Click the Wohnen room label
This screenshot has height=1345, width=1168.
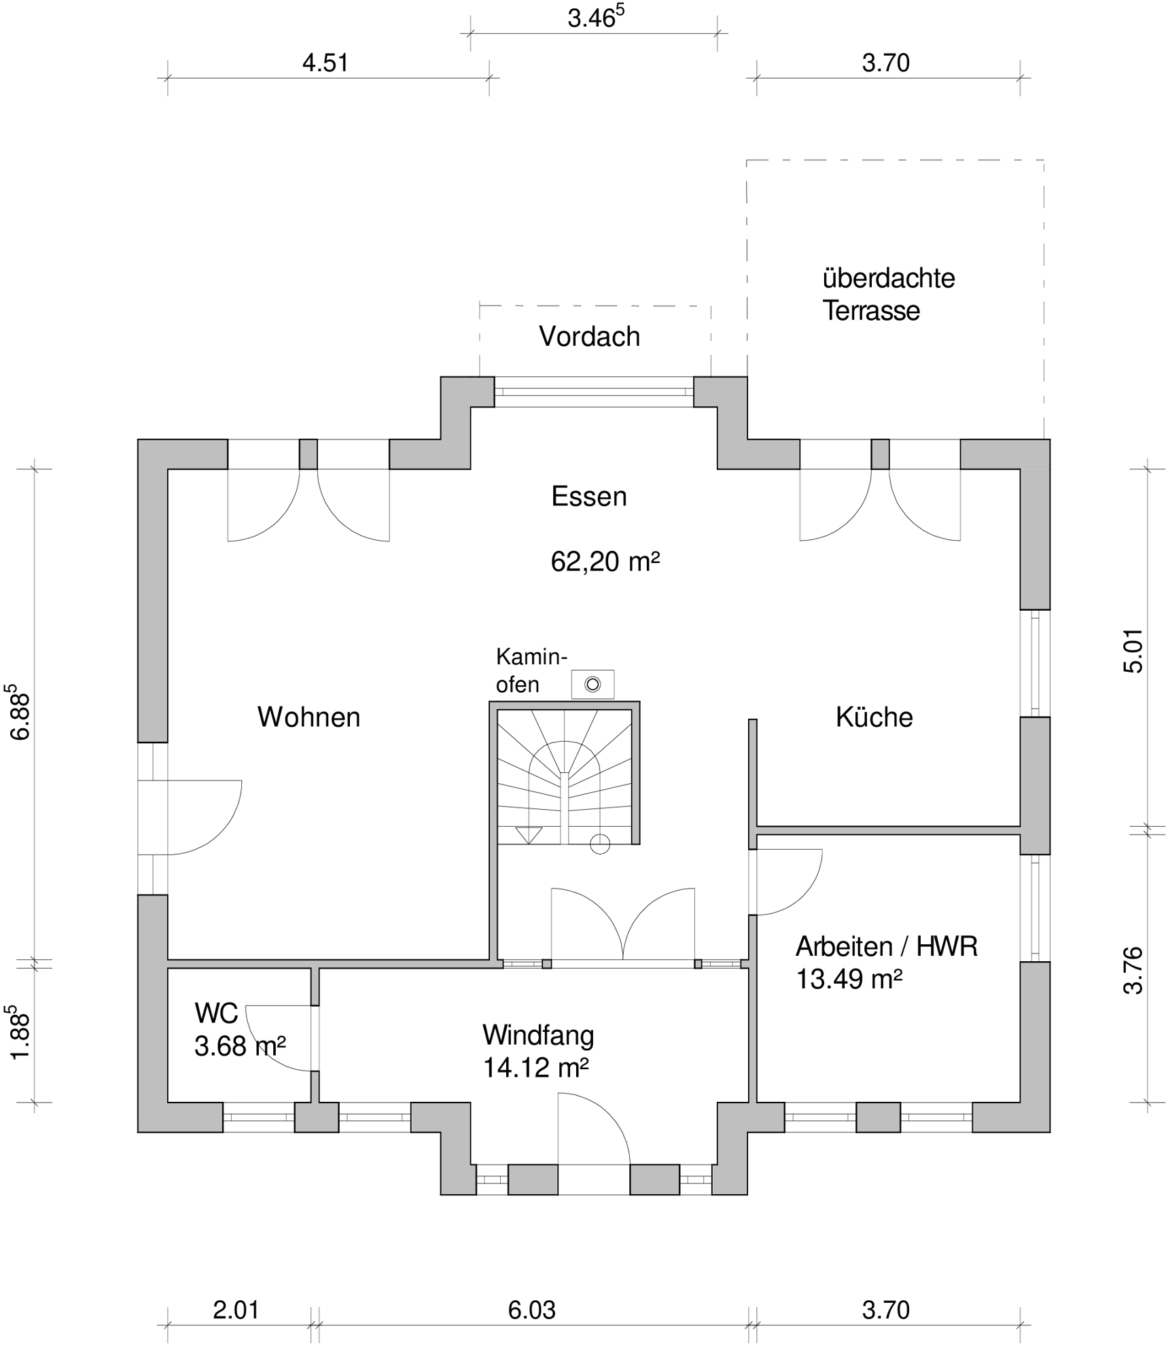coord(308,717)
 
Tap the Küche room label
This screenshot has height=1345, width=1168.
coord(874,717)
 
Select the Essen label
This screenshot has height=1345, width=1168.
coord(589,497)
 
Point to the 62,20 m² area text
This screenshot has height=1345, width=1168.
coord(605,562)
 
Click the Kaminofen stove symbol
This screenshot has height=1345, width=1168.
coord(592,684)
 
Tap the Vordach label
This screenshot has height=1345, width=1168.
coord(589,336)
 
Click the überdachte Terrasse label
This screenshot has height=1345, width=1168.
coord(889,294)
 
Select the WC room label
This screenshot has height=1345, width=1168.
coord(216,1014)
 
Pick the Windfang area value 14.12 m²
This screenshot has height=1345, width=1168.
coord(535,1068)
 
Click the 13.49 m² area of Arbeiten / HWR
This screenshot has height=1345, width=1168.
coord(849,980)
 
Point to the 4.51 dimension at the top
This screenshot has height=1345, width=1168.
coord(325,62)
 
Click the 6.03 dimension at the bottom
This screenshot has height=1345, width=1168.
coord(531,1310)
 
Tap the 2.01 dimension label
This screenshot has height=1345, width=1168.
coord(236,1310)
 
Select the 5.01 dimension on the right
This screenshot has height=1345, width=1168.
coord(1133,651)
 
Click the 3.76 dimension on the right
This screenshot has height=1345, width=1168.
coord(1133,971)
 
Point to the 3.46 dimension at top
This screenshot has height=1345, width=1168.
coord(596,17)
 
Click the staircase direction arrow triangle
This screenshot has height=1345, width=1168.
coord(529,835)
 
